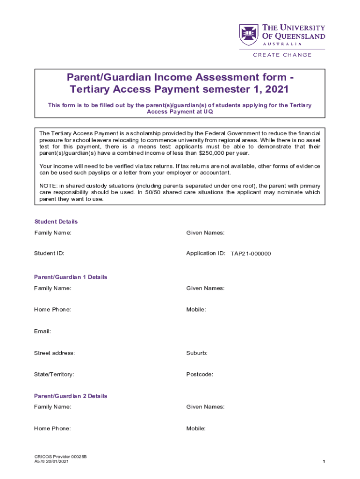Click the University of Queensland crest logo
pos(249,35)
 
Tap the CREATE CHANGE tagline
pos(282,55)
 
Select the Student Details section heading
pos(56,222)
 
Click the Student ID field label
pos(49,254)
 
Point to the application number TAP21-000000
pos(251,254)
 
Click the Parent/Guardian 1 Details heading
pos(71,277)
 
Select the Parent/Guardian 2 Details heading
pos(71,396)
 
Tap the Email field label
pos(42,331)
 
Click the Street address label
pos(54,353)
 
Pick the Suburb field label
pos(197,353)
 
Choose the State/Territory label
pos(54,375)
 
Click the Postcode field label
pos(200,375)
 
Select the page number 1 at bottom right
pos(324,462)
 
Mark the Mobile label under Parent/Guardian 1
pos(196,310)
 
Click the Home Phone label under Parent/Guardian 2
pos(52,428)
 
